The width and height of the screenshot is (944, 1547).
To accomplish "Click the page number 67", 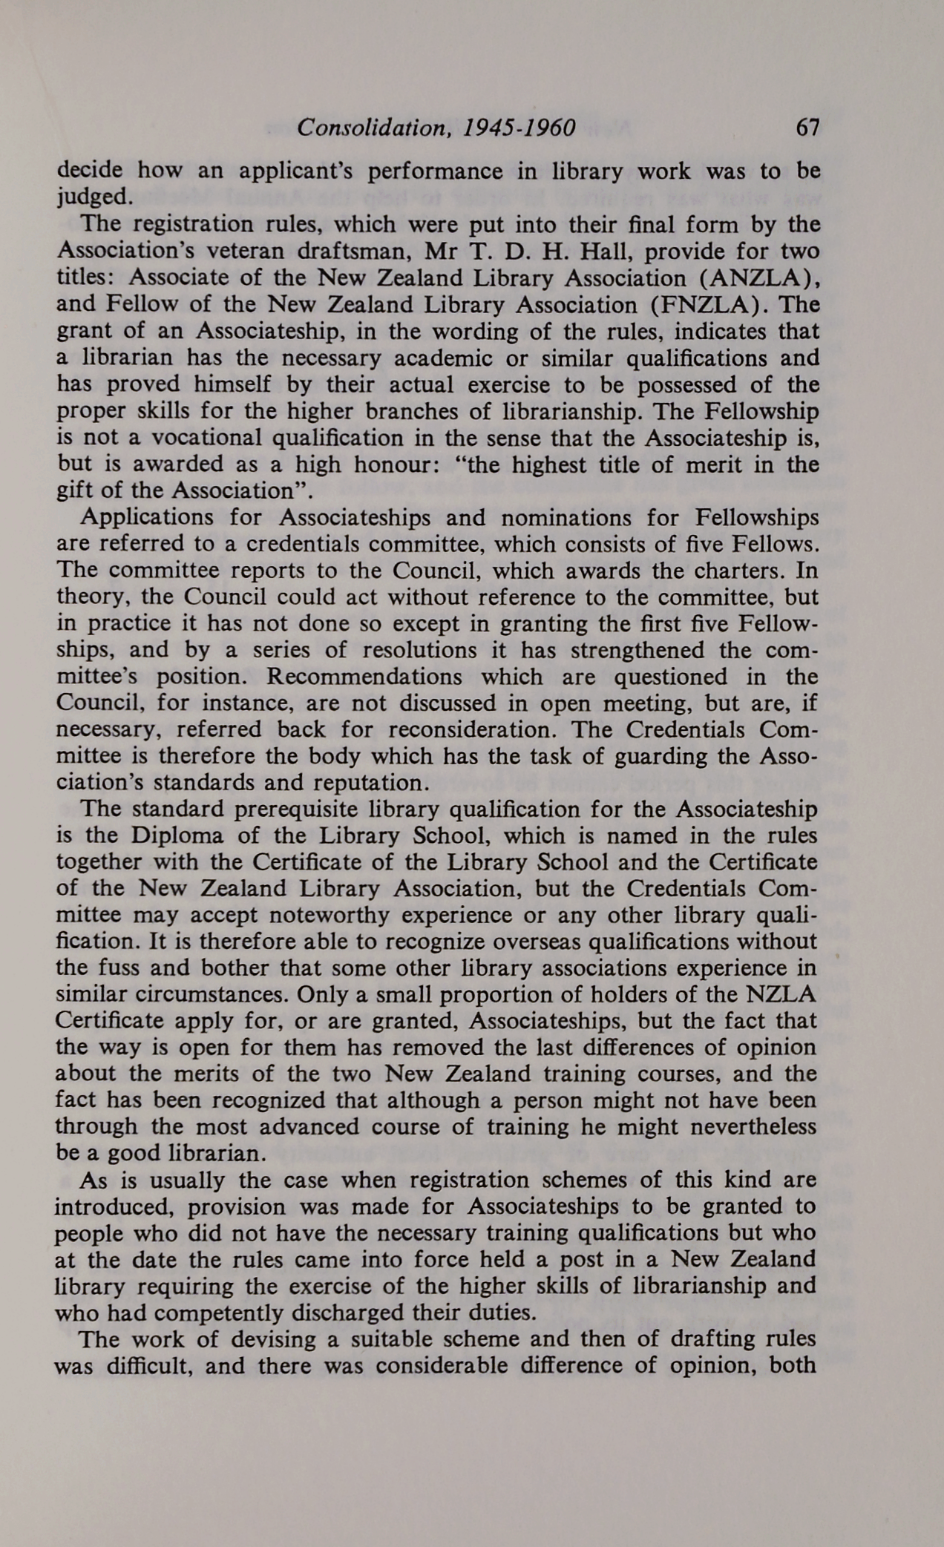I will pyautogui.click(x=807, y=128).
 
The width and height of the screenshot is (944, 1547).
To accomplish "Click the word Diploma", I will pyautogui.click(x=179, y=835).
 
